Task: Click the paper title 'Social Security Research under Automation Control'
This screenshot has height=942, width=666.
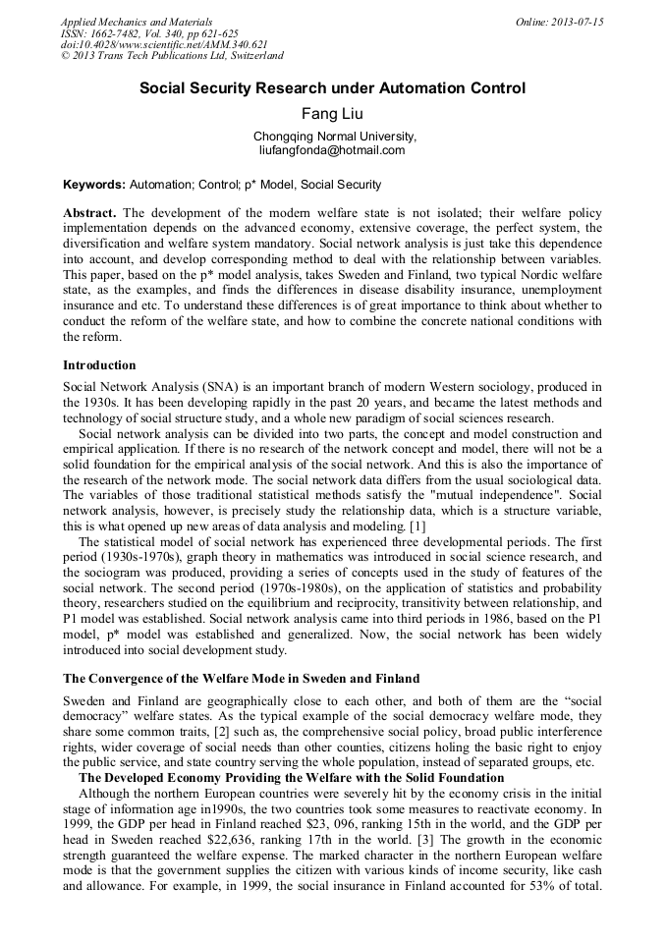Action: pos(332,88)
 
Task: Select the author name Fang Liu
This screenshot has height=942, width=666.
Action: pos(332,114)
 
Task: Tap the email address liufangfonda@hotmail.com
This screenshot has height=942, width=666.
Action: pos(332,150)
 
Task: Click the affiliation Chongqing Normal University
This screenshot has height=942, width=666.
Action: pos(334,137)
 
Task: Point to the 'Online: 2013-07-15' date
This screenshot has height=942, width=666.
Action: pos(560,22)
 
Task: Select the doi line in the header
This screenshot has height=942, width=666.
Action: pos(164,44)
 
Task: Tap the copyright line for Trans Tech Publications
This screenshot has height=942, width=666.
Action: pos(172,56)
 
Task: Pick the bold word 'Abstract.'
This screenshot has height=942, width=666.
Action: pos(90,213)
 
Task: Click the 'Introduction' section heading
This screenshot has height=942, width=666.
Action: pos(99,365)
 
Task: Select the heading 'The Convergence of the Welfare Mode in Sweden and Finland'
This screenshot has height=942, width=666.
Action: pos(241,678)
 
